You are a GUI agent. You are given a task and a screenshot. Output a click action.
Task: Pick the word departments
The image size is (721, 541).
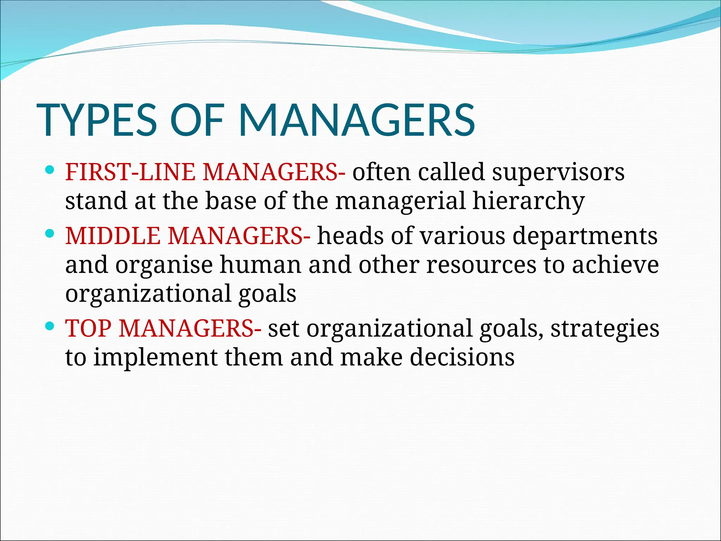click(x=585, y=236)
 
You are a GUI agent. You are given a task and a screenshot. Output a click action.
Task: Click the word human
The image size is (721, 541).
click(x=261, y=265)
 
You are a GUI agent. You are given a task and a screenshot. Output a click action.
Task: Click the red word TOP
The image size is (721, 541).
click(x=88, y=328)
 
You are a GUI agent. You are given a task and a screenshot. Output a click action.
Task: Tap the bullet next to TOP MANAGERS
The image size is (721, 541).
click(x=50, y=326)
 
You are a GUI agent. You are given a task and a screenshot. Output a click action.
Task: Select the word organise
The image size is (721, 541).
click(x=164, y=266)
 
